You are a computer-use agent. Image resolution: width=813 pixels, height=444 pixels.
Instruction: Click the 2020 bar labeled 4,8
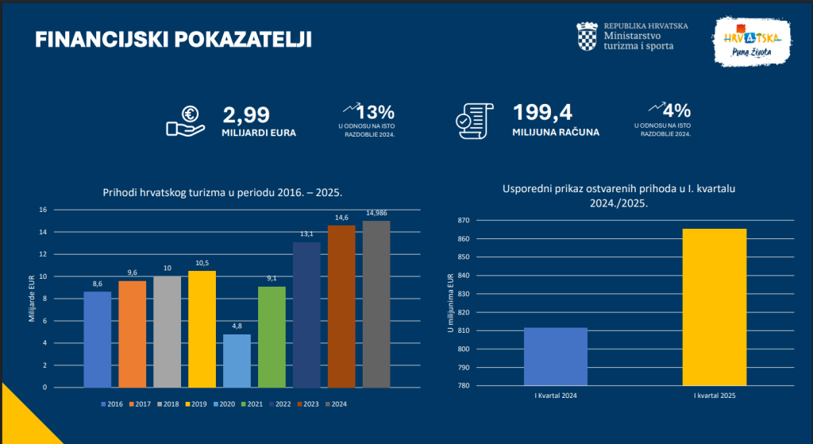(237, 361)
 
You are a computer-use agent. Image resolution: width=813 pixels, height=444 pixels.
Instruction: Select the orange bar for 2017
(133, 334)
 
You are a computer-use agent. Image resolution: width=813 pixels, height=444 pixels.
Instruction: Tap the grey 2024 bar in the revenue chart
(376, 303)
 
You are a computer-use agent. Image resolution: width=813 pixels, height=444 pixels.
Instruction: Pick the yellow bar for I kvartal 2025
(715, 307)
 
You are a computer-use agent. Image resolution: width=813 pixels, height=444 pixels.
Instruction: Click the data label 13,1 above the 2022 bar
(307, 234)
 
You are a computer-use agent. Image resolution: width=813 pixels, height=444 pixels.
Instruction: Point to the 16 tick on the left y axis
(43, 210)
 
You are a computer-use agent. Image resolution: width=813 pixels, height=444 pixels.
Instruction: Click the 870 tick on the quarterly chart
(464, 220)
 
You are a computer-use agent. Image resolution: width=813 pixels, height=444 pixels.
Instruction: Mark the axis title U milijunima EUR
(450, 303)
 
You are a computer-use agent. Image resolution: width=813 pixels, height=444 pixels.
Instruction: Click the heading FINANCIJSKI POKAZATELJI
(173, 41)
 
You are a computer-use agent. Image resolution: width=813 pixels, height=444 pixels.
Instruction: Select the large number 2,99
(246, 114)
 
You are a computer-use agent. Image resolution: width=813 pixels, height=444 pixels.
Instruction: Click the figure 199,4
(542, 113)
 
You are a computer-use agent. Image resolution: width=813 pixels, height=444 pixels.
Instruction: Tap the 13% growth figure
(378, 112)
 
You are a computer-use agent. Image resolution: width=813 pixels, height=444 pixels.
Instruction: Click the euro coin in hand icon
(186, 121)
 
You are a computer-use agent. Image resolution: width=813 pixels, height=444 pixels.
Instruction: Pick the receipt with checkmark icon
(473, 121)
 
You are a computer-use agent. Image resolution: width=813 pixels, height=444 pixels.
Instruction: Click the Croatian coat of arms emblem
(587, 36)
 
